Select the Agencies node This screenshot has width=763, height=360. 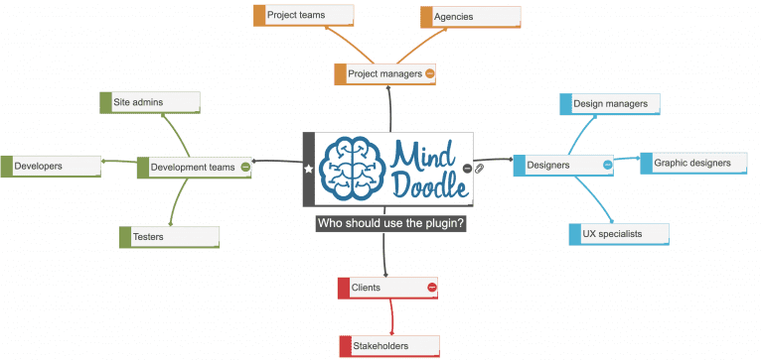[470, 17]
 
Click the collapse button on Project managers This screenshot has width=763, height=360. [430, 73]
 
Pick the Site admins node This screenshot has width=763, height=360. [150, 102]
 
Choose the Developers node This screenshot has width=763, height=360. [51, 167]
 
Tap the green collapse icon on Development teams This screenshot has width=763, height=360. [245, 168]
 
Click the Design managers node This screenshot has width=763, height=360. [610, 103]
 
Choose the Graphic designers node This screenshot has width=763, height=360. [690, 163]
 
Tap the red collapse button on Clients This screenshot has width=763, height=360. [432, 288]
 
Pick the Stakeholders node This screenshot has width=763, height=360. [387, 346]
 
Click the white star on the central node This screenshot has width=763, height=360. [308, 170]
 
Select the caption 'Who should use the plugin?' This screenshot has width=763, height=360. [391, 224]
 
